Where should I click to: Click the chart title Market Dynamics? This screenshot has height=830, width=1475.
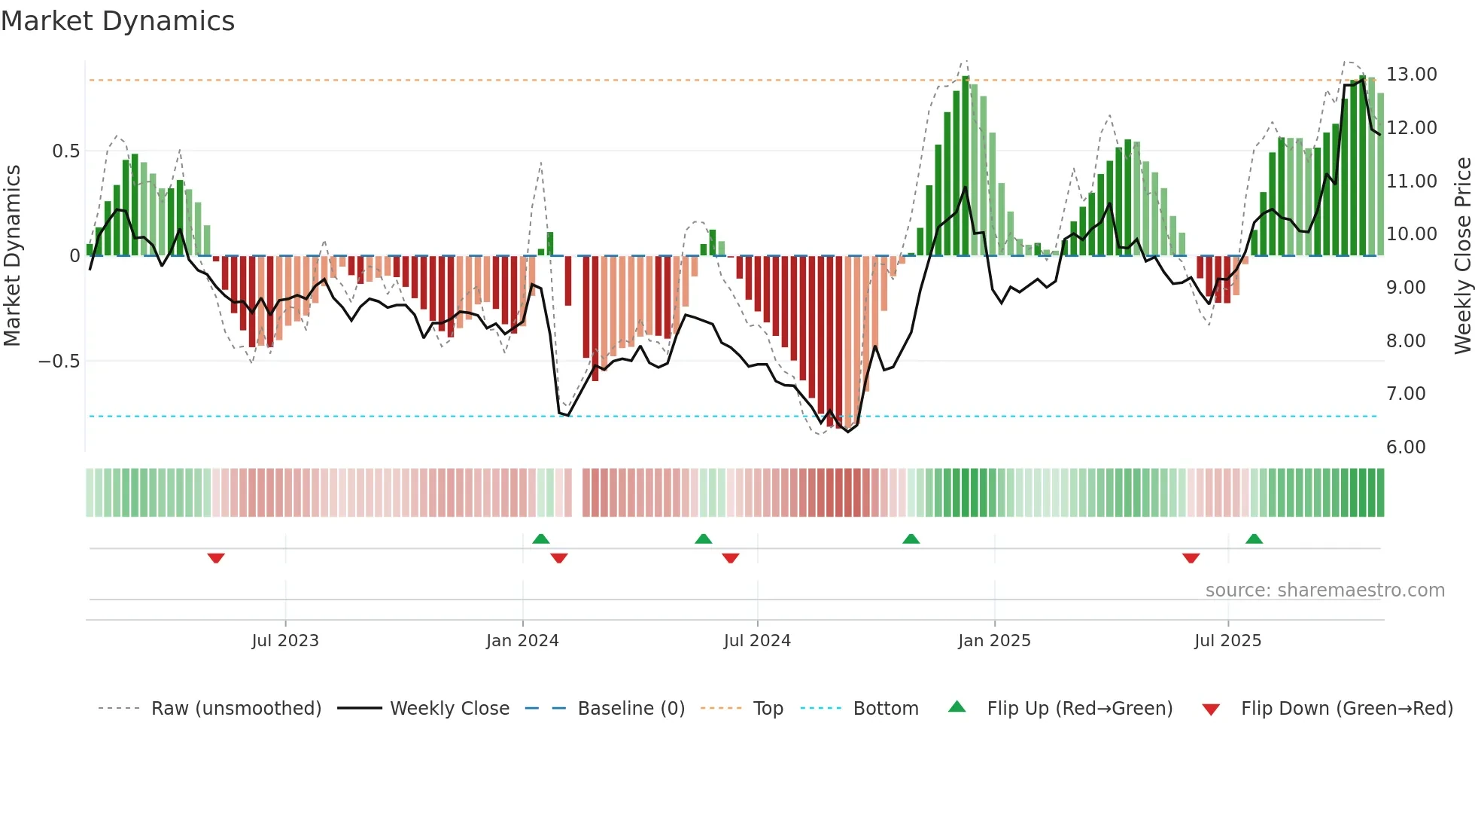click(117, 21)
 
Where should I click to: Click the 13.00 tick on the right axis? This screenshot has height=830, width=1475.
click(1411, 75)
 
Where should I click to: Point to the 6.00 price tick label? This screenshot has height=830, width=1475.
click(1406, 447)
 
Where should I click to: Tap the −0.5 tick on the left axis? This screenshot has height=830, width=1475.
click(59, 362)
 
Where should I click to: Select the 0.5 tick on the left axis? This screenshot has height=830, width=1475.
click(65, 151)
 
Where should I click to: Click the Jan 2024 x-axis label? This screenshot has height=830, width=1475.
click(522, 641)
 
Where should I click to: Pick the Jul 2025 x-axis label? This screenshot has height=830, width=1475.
click(1227, 641)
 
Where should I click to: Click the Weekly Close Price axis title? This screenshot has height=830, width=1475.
click(1462, 256)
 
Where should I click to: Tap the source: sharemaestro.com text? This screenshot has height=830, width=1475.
click(1324, 590)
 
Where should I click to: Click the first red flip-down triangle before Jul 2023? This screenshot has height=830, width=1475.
click(216, 558)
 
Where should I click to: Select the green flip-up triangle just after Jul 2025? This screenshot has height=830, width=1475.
click(1254, 539)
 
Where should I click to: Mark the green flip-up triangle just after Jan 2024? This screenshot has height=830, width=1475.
click(540, 539)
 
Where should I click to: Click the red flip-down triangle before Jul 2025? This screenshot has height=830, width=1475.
click(1191, 558)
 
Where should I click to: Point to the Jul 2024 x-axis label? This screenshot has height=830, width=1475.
click(757, 641)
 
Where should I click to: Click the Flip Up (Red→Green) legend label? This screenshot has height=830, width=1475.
click(1079, 709)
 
